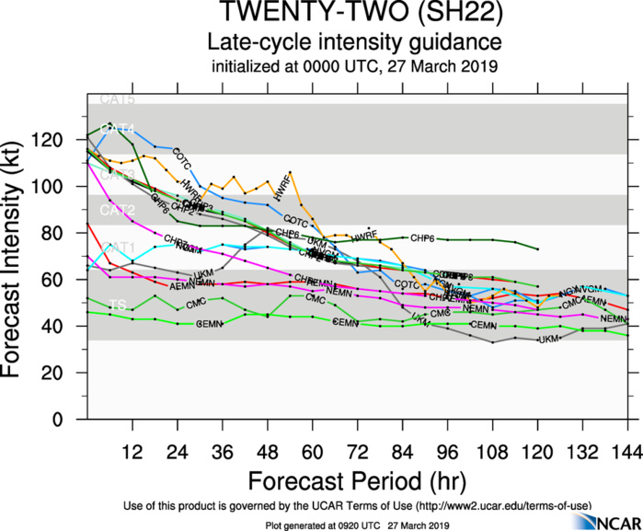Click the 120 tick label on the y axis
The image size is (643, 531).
[x=63, y=140]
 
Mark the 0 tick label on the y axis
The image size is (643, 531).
[x=72, y=420]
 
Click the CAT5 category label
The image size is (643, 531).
[x=118, y=98]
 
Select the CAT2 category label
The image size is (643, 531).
[x=118, y=211]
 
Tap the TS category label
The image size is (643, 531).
[x=118, y=305]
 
